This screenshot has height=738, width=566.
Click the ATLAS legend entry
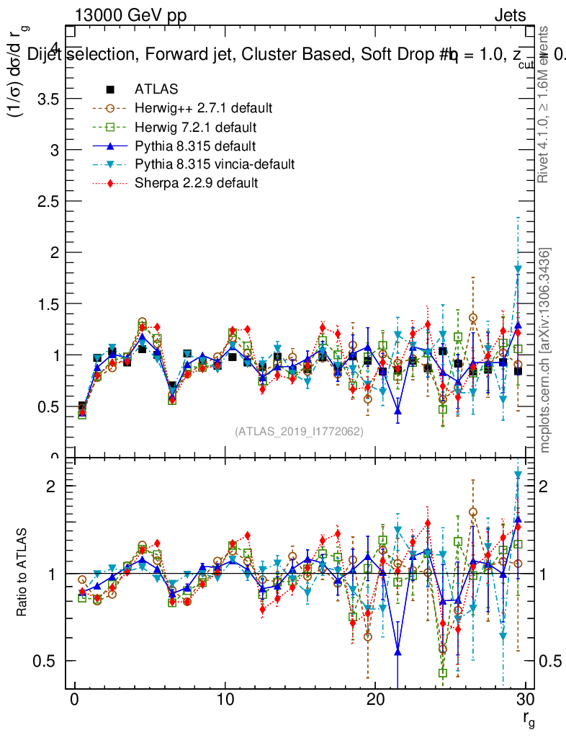[156, 89]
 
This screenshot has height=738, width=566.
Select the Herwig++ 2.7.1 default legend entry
[203, 108]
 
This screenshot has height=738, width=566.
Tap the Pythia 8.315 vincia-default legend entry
[215, 164]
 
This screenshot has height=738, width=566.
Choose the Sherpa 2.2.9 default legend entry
[196, 183]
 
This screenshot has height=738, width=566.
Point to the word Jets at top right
[510, 16]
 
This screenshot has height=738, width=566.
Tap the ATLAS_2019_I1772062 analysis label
[299, 432]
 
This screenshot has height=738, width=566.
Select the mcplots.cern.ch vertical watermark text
[546, 350]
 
